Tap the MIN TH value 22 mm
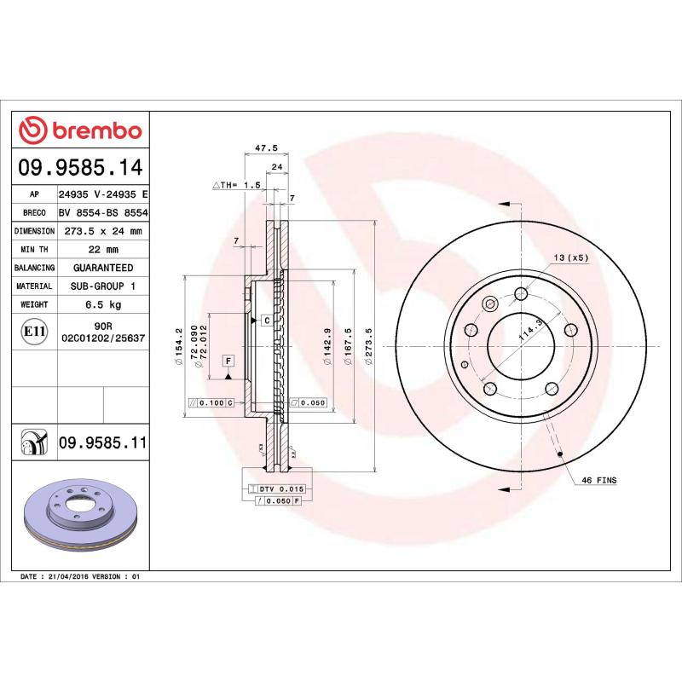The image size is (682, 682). tap(102, 250)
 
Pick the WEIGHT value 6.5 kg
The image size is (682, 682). tap(102, 304)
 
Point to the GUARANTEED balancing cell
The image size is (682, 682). tap(102, 268)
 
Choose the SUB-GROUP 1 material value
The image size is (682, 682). tap(102, 286)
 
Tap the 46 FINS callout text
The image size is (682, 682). tap(599, 481)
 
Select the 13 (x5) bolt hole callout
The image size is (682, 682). tap(571, 257)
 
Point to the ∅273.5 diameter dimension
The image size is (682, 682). tap(367, 348)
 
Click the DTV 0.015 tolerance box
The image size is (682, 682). tap(280, 488)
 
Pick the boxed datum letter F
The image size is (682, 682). tap(228, 361)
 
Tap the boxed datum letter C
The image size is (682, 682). tap(266, 321)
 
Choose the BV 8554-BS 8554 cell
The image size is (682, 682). tap(102, 213)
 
